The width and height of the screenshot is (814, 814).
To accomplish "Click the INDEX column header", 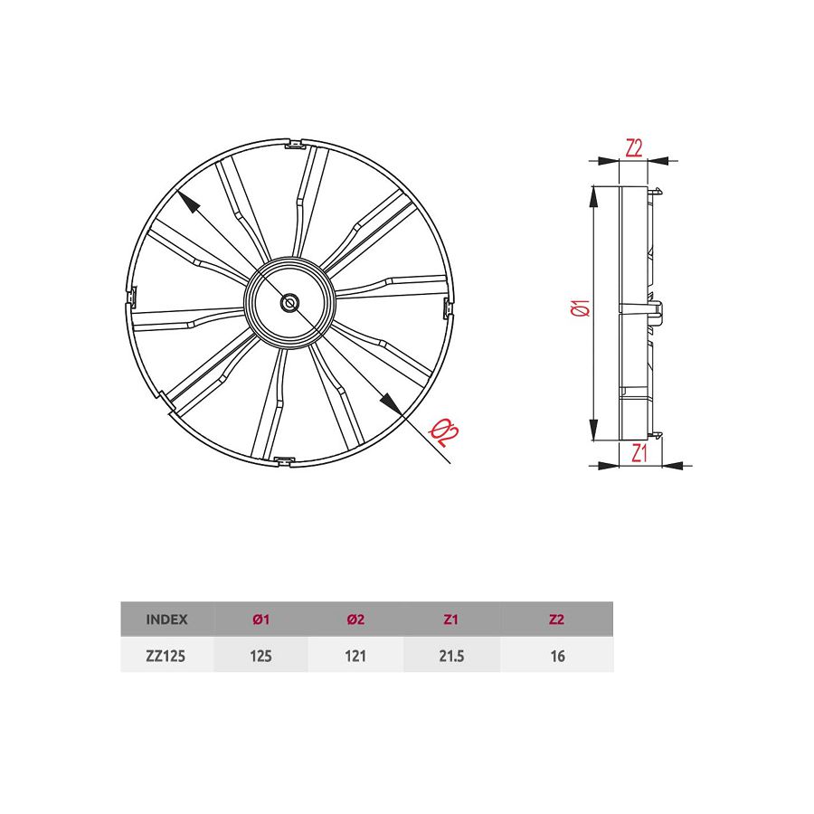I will pyautogui.click(x=166, y=620).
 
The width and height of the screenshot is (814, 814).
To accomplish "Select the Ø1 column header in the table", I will pyautogui.click(x=260, y=620).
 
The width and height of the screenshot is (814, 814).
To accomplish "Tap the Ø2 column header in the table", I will pyautogui.click(x=355, y=620).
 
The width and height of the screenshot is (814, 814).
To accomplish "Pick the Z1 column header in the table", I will pyautogui.click(x=450, y=620).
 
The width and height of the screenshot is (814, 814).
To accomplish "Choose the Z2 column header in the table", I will pyautogui.click(x=556, y=620).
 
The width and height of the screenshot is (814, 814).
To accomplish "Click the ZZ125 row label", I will pyautogui.click(x=166, y=657).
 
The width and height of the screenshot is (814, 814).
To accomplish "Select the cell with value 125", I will pyautogui.click(x=260, y=657).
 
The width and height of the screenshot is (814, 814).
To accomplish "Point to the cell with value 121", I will pyautogui.click(x=355, y=657).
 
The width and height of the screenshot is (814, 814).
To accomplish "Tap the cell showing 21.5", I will pyautogui.click(x=450, y=657).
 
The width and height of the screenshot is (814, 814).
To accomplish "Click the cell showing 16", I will pyautogui.click(x=556, y=657).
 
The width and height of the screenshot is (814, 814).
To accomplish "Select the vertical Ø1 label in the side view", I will pyautogui.click(x=582, y=308).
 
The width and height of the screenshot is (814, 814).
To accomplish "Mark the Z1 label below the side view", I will pyautogui.click(x=639, y=453).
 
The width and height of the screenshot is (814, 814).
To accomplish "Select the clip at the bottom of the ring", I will pyautogui.click(x=284, y=462).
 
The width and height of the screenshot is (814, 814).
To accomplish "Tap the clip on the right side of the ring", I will pyautogui.click(x=449, y=308).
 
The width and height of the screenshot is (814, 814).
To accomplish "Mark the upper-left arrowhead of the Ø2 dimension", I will pyautogui.click(x=187, y=202).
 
